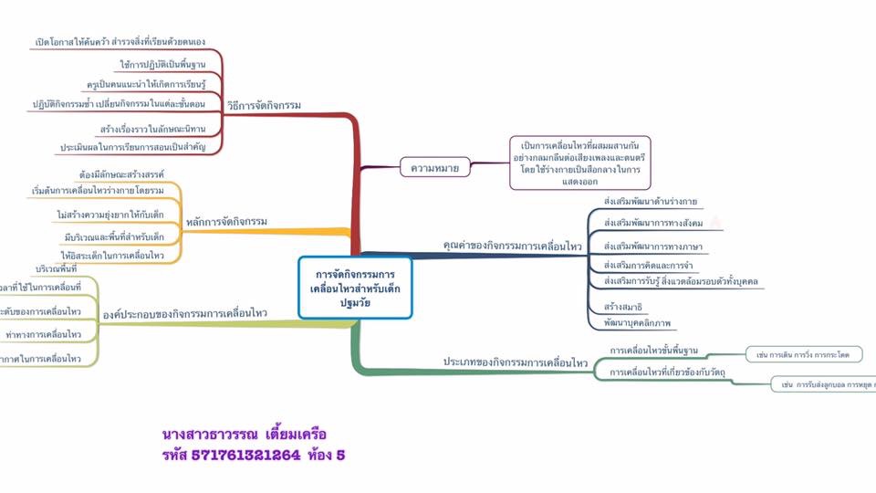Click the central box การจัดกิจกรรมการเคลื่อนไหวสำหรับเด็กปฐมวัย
355,287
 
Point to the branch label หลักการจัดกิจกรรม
227,222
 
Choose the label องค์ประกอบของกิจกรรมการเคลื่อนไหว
184,313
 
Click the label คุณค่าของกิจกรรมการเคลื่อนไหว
512,246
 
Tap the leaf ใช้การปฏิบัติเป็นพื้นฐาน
162,65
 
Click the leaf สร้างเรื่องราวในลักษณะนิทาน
153,129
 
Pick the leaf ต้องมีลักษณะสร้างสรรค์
121,173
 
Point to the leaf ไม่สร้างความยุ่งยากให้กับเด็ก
109,215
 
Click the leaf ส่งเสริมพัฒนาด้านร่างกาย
652,201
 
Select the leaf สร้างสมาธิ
623,306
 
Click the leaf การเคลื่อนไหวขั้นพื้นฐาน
653,351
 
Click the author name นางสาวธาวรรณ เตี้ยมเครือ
244,433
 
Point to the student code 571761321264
245,454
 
